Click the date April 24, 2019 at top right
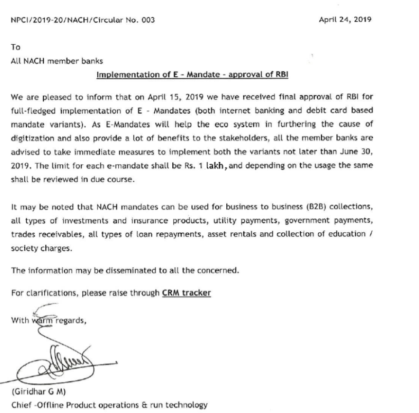[x=345, y=20]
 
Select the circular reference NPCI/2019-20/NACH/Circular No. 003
[x=83, y=20]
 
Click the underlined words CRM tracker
[x=186, y=293]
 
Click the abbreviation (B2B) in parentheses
[x=297, y=206]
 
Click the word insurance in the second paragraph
[x=146, y=221]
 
